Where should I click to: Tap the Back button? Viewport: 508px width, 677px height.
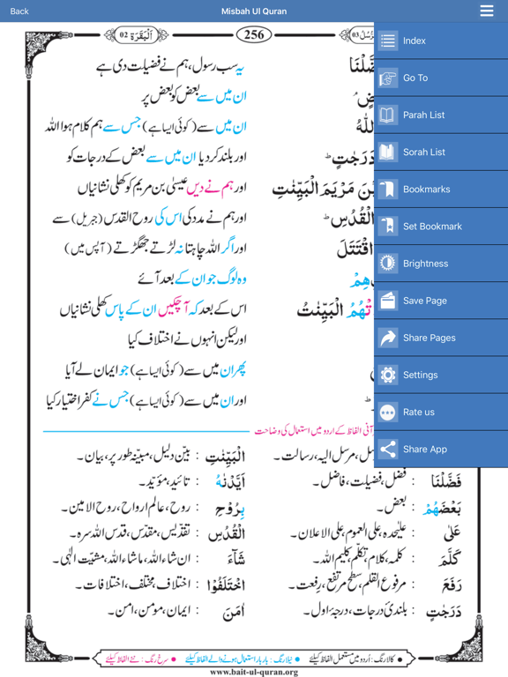click(x=19, y=11)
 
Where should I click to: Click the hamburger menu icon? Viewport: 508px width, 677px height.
click(x=487, y=11)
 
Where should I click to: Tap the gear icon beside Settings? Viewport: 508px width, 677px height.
click(x=388, y=375)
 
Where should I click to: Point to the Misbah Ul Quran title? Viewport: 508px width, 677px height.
click(x=254, y=11)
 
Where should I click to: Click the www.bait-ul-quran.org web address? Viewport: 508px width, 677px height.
click(x=254, y=671)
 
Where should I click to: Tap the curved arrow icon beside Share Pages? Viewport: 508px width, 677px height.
click(x=388, y=338)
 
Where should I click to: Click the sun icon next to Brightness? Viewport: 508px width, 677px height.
click(x=388, y=264)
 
